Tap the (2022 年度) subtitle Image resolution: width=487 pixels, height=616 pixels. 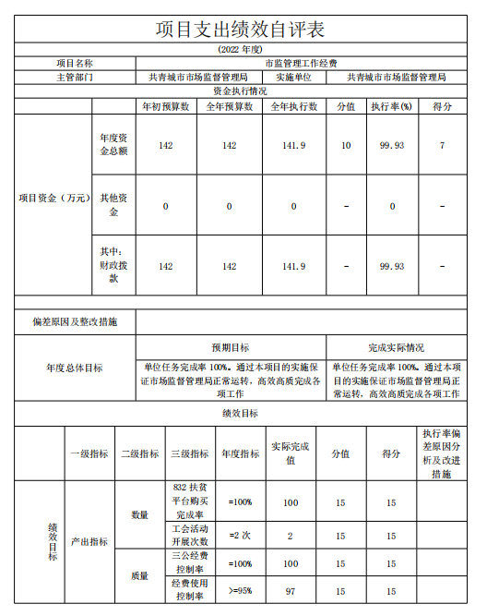pos(242,49)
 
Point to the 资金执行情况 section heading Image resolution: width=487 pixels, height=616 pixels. pos(241,92)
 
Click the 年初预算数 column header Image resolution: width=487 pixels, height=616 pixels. pos(165,107)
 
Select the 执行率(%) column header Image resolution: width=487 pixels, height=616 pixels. pos(392,107)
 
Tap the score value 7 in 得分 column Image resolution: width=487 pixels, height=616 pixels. pos(443,146)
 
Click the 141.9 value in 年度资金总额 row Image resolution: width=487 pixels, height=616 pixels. pos(294,146)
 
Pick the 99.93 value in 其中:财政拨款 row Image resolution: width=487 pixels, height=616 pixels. pos(392,267)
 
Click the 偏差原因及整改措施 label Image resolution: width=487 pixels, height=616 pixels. pos(75,322)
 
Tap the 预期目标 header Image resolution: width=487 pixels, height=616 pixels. pos(230,348)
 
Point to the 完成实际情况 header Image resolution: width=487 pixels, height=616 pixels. pos(397,348)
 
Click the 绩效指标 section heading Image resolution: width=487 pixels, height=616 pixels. pos(241,413)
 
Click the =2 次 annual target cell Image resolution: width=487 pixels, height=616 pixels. pos(240,536)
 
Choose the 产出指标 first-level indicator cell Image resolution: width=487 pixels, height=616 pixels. pos(89,542)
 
